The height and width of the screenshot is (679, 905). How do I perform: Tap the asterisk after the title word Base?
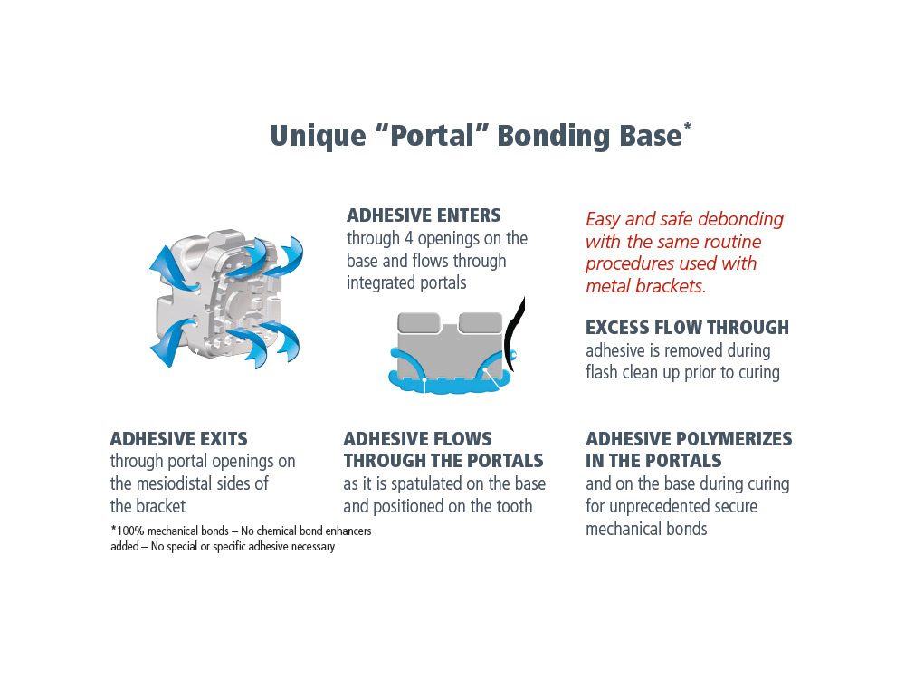pos(688,126)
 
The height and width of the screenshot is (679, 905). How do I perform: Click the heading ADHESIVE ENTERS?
pos(424,215)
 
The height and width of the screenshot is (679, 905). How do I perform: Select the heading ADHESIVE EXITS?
pos(178,439)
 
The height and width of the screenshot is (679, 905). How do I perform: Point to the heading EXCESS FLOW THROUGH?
pos(687,328)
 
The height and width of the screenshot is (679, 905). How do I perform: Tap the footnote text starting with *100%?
pos(240,539)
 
